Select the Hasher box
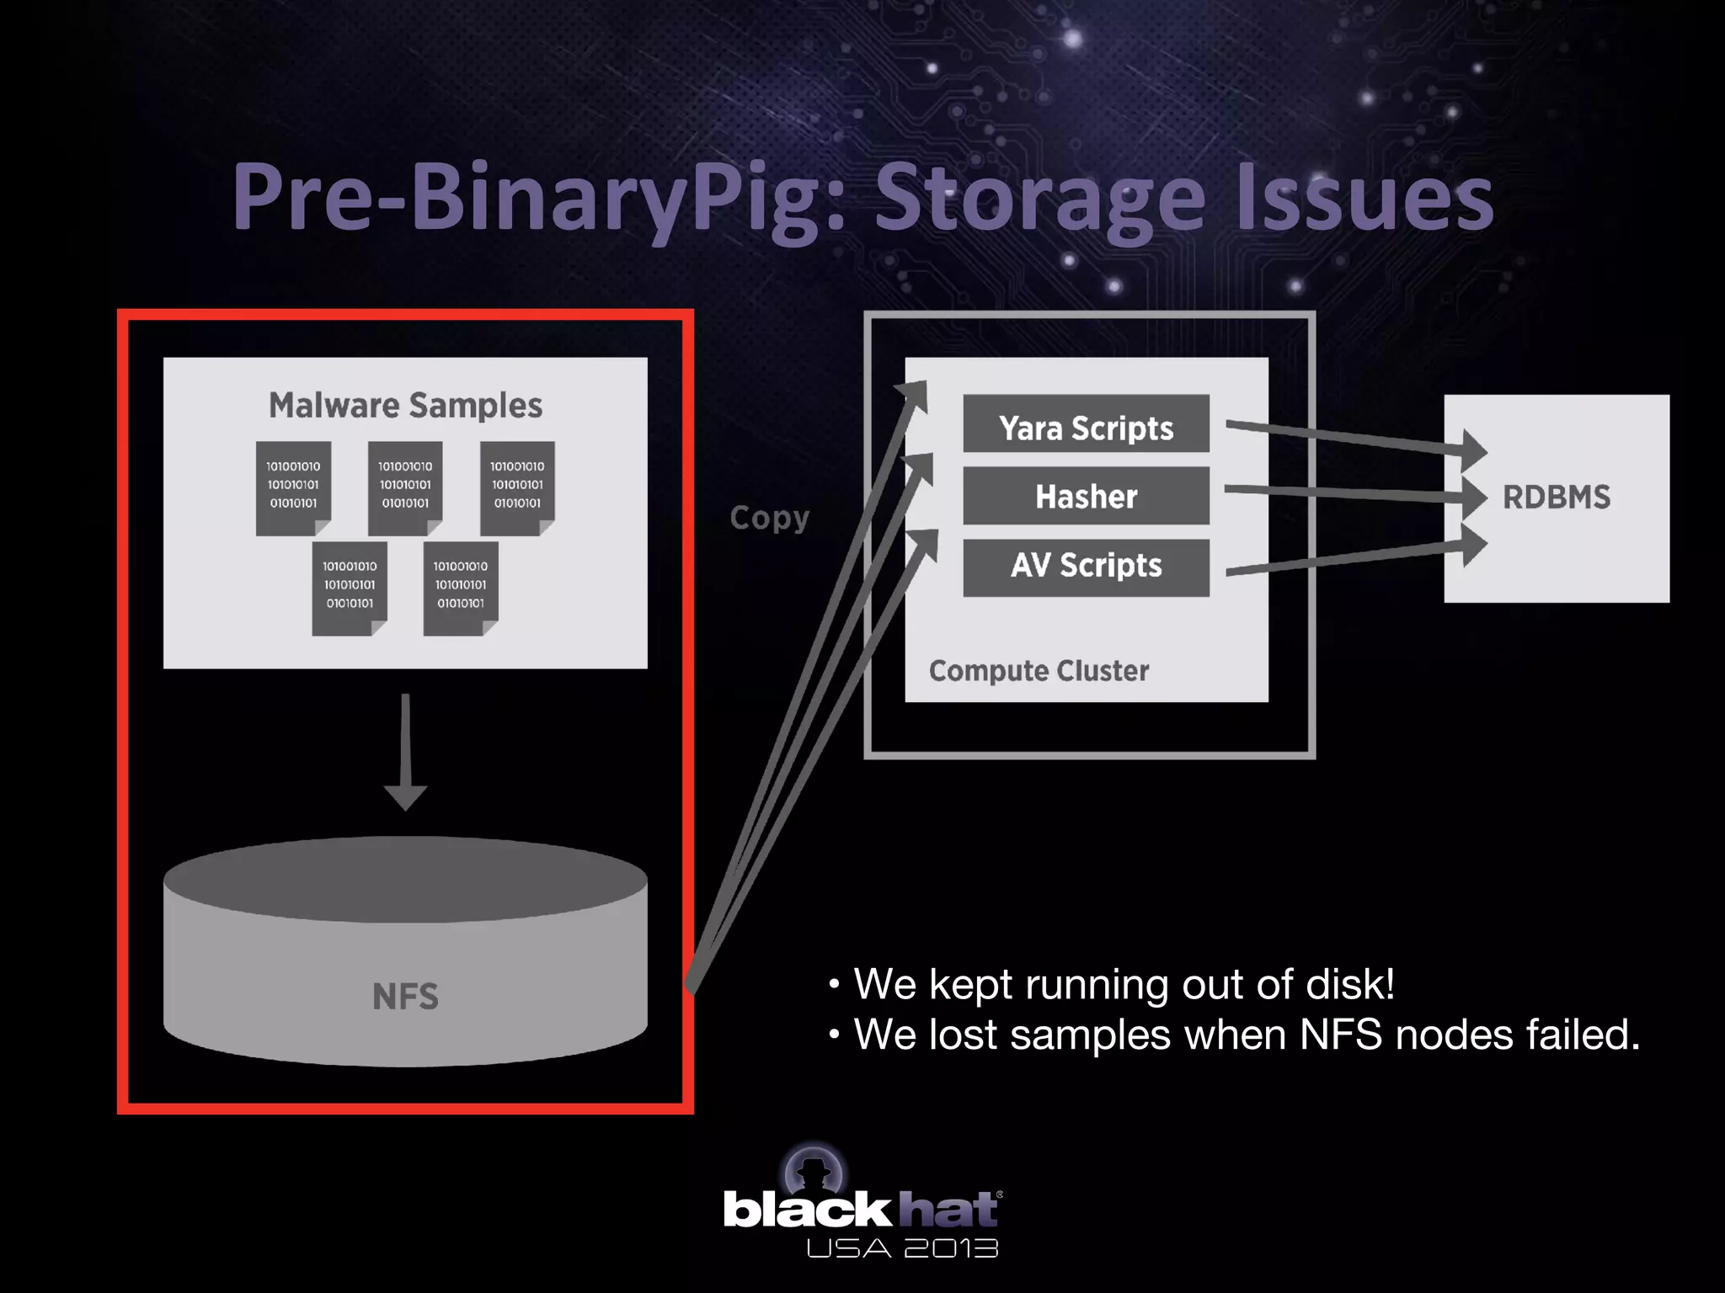point(1086,497)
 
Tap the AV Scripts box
point(1086,567)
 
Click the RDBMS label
point(1556,498)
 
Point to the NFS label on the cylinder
point(405,997)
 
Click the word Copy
point(769,518)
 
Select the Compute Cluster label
point(1038,671)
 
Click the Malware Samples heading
point(405,406)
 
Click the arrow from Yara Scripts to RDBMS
point(1348,439)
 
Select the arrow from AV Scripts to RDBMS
point(1348,558)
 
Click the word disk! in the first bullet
point(1348,984)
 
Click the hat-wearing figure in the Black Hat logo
point(814,1173)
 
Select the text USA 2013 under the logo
point(901,1248)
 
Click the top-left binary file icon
point(293,487)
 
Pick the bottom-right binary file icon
point(460,588)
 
